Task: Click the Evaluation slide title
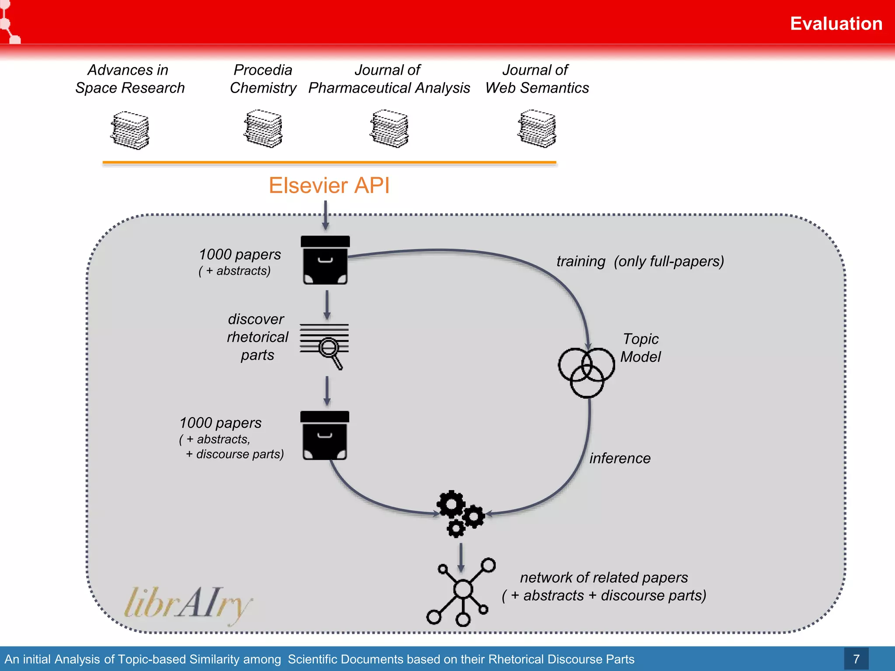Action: coord(836,24)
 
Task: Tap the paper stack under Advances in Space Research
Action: coord(130,130)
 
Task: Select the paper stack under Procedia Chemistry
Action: coord(263,129)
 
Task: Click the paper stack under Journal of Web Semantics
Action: coord(537,129)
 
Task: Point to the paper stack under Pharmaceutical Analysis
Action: coord(389,129)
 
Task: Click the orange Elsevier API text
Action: coord(329,185)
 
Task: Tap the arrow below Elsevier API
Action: coord(325,215)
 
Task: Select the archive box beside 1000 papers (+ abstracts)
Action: coord(325,260)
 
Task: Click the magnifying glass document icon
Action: coord(324,345)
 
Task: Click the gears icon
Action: coord(460,514)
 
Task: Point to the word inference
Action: coord(620,458)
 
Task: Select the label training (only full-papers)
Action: coord(640,261)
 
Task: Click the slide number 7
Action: coord(856,659)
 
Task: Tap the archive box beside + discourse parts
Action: coord(325,436)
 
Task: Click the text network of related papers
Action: coord(604,578)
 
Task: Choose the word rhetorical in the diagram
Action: coord(257,337)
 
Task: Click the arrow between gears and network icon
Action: coord(461,557)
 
